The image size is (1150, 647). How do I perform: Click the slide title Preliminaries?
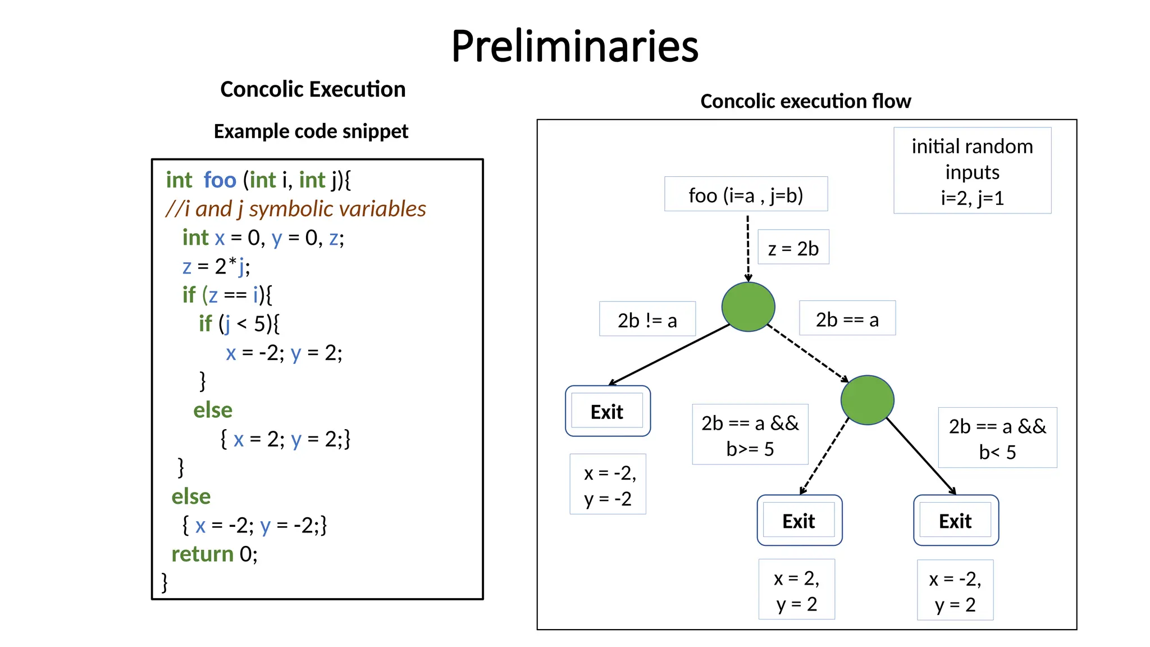coord(574,46)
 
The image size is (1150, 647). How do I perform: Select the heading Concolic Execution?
coord(313,89)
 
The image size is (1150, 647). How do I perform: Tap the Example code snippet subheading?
coord(311,131)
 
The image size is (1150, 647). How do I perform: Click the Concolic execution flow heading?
coord(805,101)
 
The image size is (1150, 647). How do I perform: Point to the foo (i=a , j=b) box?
coord(746,194)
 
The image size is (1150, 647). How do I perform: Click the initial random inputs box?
coord(972,171)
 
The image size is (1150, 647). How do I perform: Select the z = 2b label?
coord(793,248)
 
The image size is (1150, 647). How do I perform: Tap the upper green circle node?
coord(748,307)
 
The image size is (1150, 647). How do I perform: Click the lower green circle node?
coord(867,400)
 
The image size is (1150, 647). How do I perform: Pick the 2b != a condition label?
coord(647,320)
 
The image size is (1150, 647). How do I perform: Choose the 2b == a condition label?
coord(847,319)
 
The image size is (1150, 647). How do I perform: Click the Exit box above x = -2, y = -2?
coord(608,412)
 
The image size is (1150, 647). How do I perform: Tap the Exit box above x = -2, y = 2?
coord(956,521)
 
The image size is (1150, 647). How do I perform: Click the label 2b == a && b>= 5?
coord(750,435)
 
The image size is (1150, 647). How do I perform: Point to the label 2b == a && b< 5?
coord(997,438)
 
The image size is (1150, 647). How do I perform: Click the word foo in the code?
coord(220,180)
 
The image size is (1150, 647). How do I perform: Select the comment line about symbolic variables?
coord(296,209)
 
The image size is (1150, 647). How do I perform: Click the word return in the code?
coord(202,554)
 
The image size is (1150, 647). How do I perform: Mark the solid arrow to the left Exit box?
coord(668,355)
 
